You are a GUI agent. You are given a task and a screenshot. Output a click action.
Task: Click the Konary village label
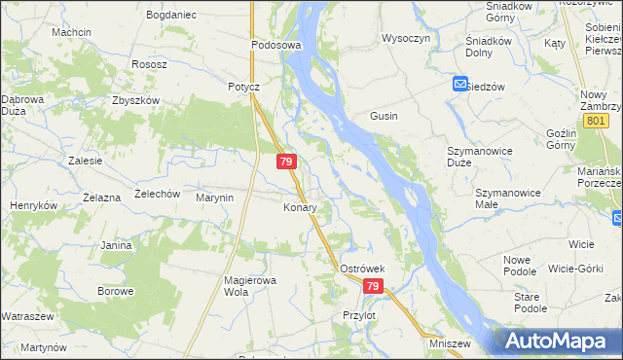(x=300, y=208)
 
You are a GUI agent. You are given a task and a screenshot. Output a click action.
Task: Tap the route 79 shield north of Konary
(x=286, y=162)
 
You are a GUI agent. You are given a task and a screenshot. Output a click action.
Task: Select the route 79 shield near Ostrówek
(x=374, y=286)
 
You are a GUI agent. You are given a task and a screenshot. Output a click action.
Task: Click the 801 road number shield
(x=597, y=119)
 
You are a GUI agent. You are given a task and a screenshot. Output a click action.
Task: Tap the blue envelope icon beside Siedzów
(x=460, y=86)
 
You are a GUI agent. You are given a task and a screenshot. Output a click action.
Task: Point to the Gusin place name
(x=384, y=116)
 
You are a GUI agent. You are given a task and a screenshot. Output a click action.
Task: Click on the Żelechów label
(x=158, y=194)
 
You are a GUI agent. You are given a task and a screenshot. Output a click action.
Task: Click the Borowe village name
(x=115, y=291)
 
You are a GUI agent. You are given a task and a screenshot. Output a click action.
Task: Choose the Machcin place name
(x=72, y=32)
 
